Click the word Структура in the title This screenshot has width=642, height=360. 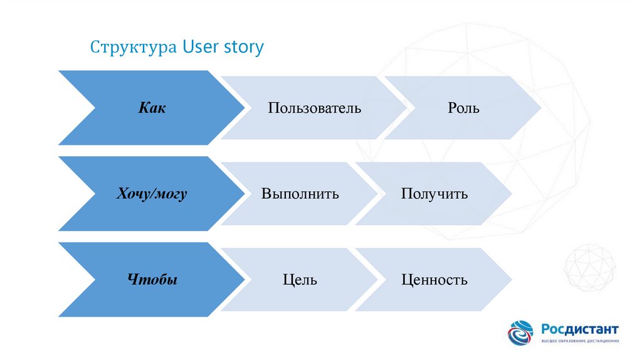(x=134, y=47)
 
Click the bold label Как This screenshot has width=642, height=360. (x=152, y=108)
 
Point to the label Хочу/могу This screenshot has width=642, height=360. (x=152, y=193)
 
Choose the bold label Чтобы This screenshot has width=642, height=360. (x=152, y=279)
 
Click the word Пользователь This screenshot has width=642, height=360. (x=315, y=108)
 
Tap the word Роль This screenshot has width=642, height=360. (x=463, y=108)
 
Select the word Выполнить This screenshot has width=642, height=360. (x=300, y=193)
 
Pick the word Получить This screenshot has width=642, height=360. (x=434, y=194)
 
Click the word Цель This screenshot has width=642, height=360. (x=300, y=280)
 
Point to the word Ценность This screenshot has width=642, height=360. (x=434, y=280)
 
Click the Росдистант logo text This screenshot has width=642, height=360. (x=580, y=329)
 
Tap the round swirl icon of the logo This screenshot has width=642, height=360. (x=521, y=332)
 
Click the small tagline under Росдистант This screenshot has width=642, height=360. (x=580, y=341)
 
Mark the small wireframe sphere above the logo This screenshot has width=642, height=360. (x=589, y=268)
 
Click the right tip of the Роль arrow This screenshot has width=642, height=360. (x=541, y=108)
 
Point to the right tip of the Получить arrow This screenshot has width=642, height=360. (x=512, y=193)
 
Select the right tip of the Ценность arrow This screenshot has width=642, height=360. (x=512, y=279)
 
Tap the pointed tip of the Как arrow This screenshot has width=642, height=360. (x=245, y=108)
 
